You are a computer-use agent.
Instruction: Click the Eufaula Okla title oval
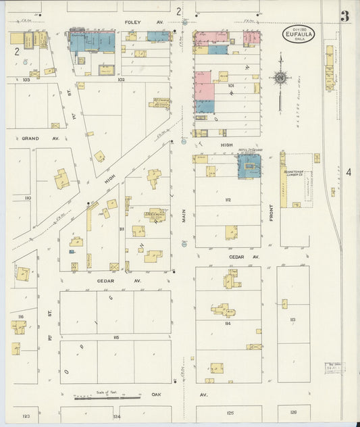pos(298,33)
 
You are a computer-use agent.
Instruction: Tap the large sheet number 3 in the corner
pos(344,16)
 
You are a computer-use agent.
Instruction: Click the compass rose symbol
pos(280,78)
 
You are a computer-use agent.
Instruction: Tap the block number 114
pos(228,324)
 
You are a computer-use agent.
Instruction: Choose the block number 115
pos(115,336)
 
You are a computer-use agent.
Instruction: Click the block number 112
pos(228,200)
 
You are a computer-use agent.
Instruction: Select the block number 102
pos(122,80)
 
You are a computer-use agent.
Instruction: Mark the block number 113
pos(292,319)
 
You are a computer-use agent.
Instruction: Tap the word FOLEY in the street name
pos(132,22)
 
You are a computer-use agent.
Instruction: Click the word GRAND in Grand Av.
pos(30,138)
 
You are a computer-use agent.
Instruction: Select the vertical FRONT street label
pos(272,212)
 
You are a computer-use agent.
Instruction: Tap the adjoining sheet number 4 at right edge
pos(349,173)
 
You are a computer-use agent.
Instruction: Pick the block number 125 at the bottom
pos(230,412)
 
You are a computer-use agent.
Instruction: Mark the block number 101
pos(230,86)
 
